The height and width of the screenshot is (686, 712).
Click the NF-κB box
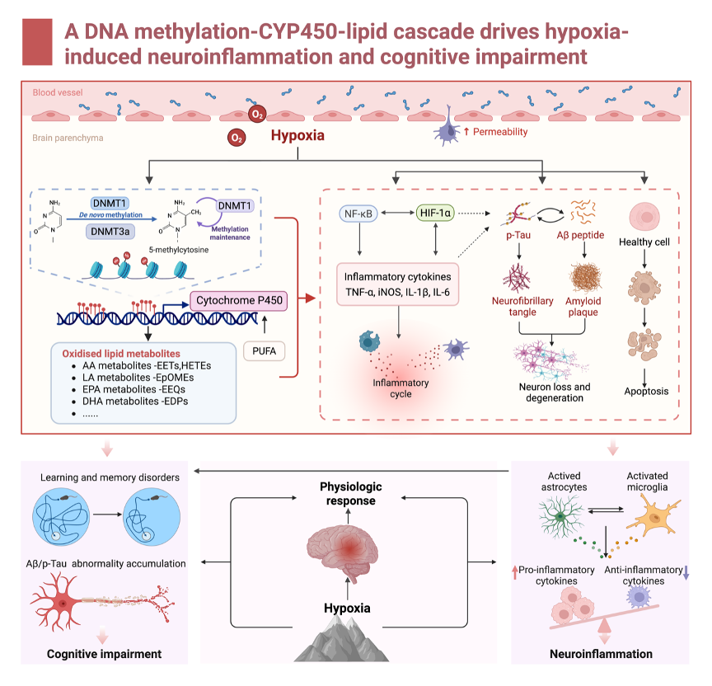pos(358,214)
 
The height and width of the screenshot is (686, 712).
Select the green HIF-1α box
pos(436,214)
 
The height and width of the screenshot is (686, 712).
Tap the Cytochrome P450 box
pos(239,301)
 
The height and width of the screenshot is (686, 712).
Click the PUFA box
pos(264,352)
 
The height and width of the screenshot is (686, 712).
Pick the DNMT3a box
pos(110,233)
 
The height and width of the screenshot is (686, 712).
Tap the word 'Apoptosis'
pos(645,391)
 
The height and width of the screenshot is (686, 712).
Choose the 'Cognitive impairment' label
pos(104,655)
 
